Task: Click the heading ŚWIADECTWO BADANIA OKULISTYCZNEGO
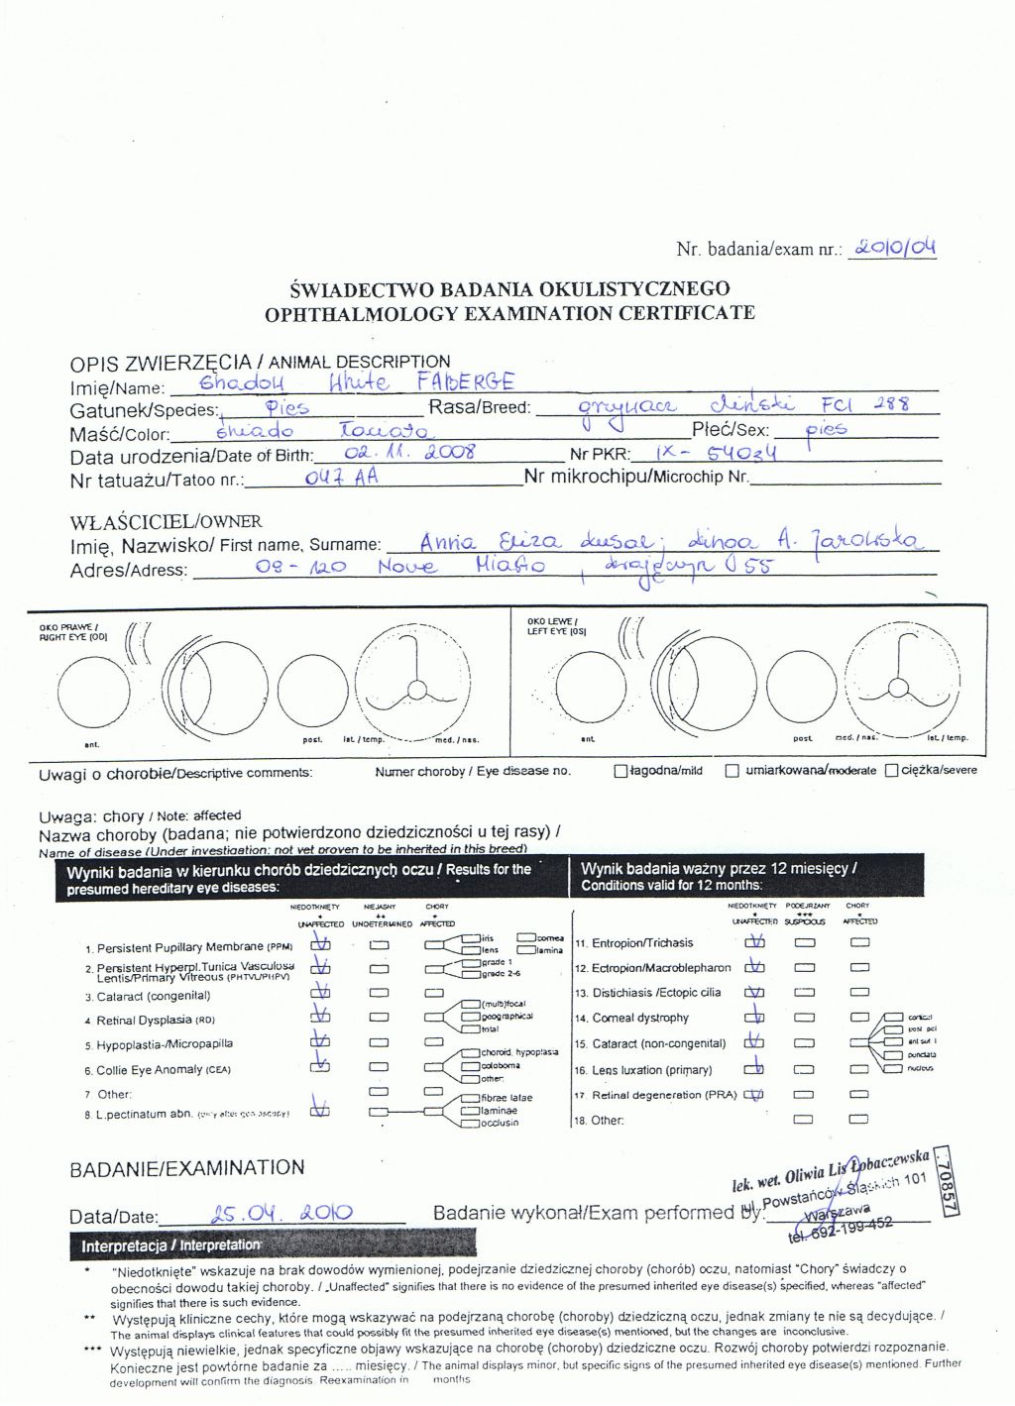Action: coord(509,289)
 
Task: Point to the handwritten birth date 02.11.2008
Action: coord(409,453)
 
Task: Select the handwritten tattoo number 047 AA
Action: coord(342,477)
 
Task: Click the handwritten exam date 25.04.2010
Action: coord(282,1213)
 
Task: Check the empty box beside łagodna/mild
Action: coord(620,771)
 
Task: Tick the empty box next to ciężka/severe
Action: coord(891,770)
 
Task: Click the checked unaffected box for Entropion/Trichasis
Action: coord(755,943)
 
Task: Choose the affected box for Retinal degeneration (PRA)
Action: coord(859,1095)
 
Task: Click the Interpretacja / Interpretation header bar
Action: coord(273,1244)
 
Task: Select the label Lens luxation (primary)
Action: coord(651,1070)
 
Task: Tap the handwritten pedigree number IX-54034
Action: coord(717,453)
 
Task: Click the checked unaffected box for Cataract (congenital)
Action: coord(320,992)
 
